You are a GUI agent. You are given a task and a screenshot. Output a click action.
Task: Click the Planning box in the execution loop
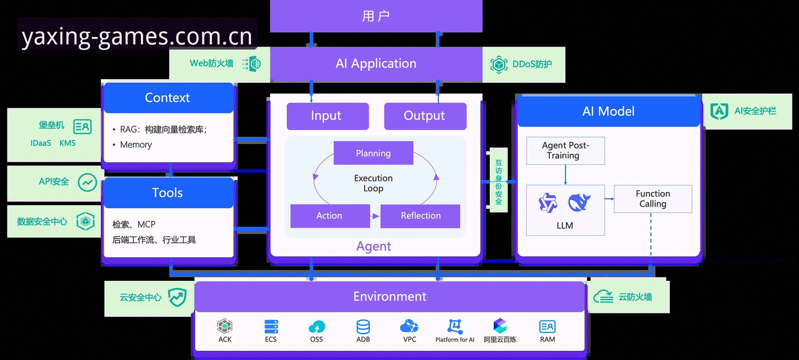coord(373,153)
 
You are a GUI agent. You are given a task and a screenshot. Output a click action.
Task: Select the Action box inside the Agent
coord(330,216)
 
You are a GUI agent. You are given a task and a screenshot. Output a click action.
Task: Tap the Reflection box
coord(420,216)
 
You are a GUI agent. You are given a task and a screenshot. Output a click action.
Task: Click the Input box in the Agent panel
coord(328,116)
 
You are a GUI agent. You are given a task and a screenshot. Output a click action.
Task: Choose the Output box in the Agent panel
coord(425,116)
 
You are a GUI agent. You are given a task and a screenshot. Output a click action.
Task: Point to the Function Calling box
coord(653,199)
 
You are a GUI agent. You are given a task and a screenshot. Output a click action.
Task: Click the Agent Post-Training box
coord(565,150)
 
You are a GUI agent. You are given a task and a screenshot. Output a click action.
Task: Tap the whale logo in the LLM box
coord(579,202)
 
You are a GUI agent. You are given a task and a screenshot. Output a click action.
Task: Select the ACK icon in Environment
coord(224,326)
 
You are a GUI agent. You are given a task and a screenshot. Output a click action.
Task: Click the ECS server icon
coord(271,327)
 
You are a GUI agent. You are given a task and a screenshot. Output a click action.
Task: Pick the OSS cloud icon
coord(317,327)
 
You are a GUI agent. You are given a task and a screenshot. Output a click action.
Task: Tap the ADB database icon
coord(363,327)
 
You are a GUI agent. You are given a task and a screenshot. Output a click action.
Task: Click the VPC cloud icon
coord(409,326)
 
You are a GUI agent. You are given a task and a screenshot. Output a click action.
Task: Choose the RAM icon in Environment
coord(547,327)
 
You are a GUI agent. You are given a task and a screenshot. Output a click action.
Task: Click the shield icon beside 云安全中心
coord(177,297)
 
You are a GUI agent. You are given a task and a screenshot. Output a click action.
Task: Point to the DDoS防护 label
coord(532,64)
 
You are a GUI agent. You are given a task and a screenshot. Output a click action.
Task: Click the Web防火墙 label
coord(211,63)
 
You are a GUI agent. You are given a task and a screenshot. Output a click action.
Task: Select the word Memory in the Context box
coord(136,145)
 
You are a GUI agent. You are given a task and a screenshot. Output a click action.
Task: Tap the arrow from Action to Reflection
coord(375,216)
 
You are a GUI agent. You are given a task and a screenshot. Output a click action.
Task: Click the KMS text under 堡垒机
coord(67,143)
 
